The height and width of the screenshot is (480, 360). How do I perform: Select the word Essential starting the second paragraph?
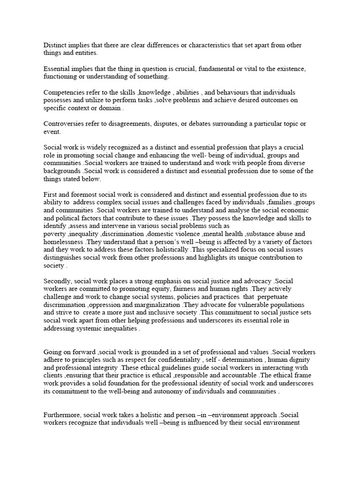[57, 69]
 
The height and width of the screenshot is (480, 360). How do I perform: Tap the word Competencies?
[65, 92]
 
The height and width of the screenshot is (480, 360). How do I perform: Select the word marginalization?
[151, 305]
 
